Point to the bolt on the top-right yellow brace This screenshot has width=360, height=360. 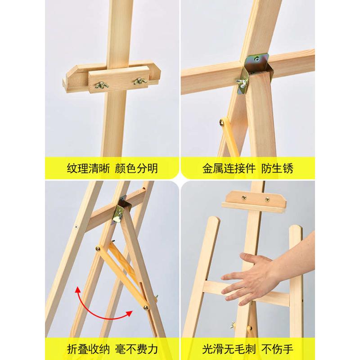pos(222,121)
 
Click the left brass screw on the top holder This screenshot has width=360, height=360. pos(244,197)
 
